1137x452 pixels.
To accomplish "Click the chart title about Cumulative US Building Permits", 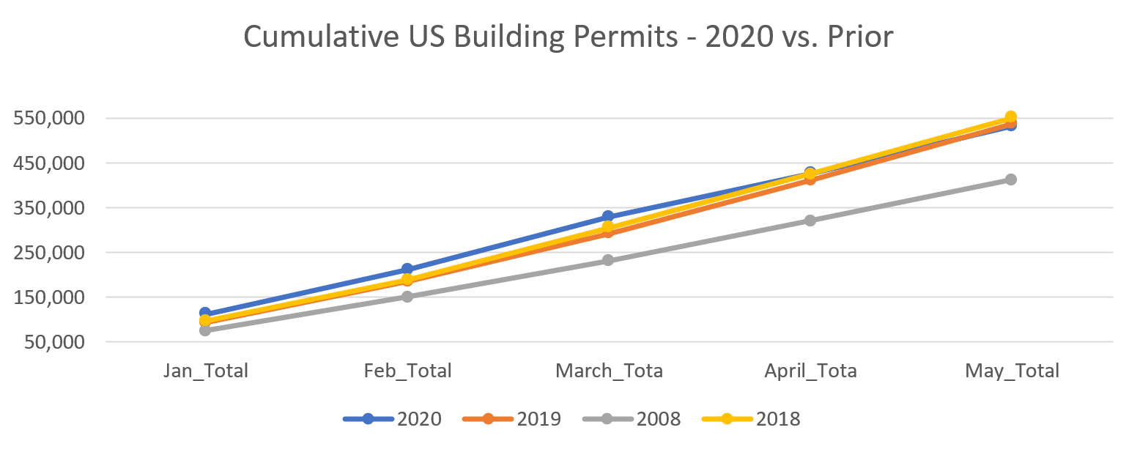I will pyautogui.click(x=568, y=37).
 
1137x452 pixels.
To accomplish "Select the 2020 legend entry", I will pyautogui.click(x=393, y=419).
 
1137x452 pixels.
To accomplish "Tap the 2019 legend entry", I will pyautogui.click(x=512, y=419).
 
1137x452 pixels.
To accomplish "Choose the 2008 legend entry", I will pyautogui.click(x=632, y=419).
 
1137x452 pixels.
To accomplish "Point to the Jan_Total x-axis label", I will pyautogui.click(x=205, y=371).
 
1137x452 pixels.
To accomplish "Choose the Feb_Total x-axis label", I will pyautogui.click(x=407, y=371).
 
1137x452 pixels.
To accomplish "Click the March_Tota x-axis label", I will pyautogui.click(x=609, y=371).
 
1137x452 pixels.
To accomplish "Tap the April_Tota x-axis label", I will pyautogui.click(x=810, y=371).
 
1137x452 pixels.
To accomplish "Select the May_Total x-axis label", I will pyautogui.click(x=1012, y=371).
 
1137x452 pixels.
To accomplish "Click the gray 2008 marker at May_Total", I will pyautogui.click(x=1011, y=179).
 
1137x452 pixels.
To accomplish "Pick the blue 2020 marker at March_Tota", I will pyautogui.click(x=608, y=217).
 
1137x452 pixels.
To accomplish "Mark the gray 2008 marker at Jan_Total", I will pyautogui.click(x=205, y=330).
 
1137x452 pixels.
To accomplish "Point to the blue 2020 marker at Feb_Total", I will pyautogui.click(x=407, y=270).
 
